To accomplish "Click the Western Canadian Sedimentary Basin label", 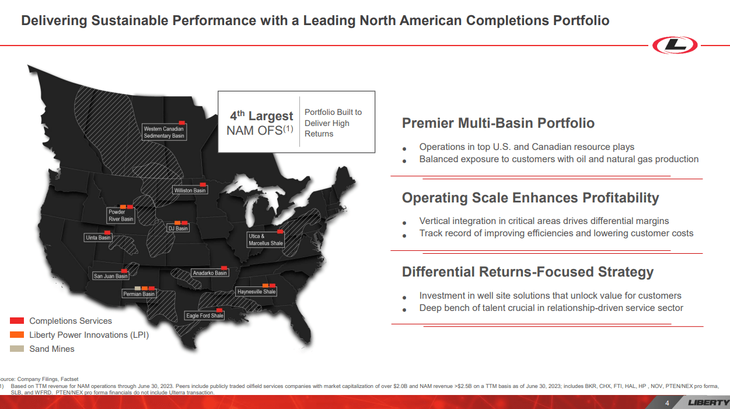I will [x=164, y=132].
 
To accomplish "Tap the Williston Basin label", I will [x=190, y=190].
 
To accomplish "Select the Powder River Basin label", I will [x=121, y=215].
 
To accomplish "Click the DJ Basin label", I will [x=178, y=229].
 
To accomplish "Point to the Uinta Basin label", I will [x=98, y=237].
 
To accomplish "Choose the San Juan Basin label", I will [x=110, y=276].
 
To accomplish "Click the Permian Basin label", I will [x=139, y=294].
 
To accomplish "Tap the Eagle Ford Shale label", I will [x=205, y=316].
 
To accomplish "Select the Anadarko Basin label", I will [x=209, y=272].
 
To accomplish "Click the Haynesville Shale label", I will [x=256, y=291].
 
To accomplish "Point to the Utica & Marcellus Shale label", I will [x=266, y=240].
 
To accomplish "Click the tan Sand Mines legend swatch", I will [x=17, y=349].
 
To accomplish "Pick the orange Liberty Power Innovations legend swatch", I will [x=17, y=335].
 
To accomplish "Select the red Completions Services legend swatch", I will [x=17, y=321].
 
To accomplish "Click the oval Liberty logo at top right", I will [x=675, y=45].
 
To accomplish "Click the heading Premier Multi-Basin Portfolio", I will [x=498, y=123].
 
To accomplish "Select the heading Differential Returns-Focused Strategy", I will [x=528, y=272].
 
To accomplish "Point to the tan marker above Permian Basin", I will [x=138, y=288].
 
